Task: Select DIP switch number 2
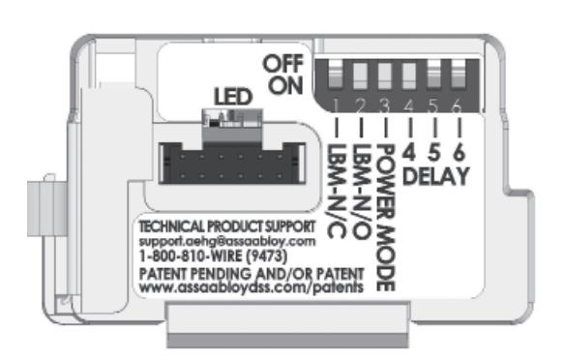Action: coord(358,75)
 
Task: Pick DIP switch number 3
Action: coord(383,75)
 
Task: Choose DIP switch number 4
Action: coord(408,75)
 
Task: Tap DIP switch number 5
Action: coord(433,75)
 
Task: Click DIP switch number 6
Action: coord(459,75)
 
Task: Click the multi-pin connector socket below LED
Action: coord(228,161)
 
